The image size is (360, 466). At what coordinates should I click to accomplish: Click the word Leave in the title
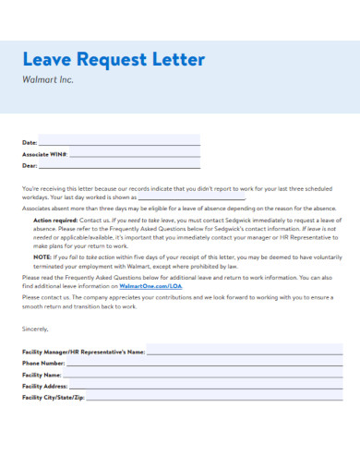tap(47, 60)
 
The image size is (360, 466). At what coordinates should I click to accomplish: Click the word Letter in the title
tap(173, 60)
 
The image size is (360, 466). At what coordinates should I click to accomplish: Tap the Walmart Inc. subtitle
tap(47, 80)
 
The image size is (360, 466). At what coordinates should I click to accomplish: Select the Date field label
tap(30, 142)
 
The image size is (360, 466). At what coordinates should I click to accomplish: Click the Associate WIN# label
tap(44, 154)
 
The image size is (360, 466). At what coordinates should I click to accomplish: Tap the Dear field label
tap(30, 166)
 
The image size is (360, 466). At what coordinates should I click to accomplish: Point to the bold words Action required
tap(54, 222)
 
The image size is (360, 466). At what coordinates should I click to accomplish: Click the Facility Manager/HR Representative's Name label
tap(83, 352)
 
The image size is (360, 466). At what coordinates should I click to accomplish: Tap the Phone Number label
tap(42, 363)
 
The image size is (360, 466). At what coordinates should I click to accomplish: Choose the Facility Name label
tap(42, 374)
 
